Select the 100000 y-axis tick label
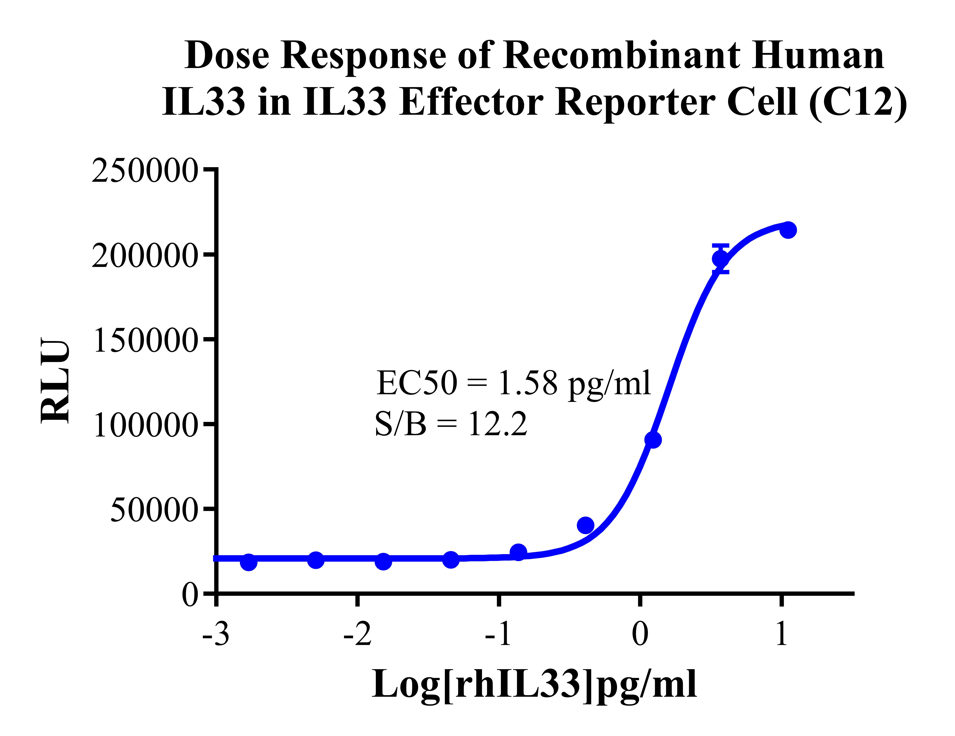[144, 425]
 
